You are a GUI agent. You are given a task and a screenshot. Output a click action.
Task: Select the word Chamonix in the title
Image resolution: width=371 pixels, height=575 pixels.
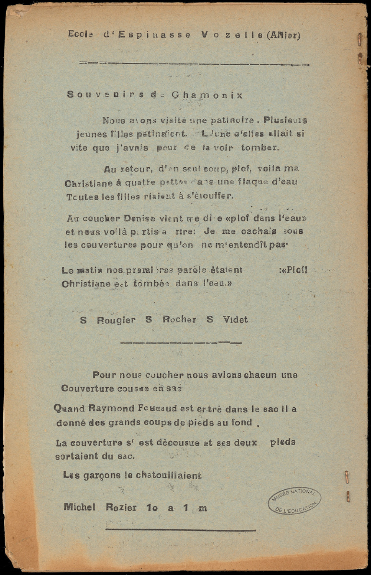[207, 95]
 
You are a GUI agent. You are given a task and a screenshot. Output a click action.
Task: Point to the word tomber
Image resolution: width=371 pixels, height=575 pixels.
[259, 148]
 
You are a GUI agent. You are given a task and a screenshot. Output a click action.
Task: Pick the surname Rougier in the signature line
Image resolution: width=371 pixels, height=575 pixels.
[116, 320]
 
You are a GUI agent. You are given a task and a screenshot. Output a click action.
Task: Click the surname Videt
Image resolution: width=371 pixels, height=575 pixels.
[235, 320]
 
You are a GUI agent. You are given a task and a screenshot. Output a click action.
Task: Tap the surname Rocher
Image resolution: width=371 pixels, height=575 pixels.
[179, 320]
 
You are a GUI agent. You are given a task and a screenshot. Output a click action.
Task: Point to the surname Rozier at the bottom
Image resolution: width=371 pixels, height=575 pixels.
[121, 507]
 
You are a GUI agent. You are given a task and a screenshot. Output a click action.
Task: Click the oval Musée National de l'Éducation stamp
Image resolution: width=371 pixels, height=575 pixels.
[294, 500]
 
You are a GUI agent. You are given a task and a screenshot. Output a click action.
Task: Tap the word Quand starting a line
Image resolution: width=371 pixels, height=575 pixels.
[69, 409]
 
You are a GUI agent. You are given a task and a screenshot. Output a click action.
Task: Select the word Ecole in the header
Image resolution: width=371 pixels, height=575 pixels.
[80, 34]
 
